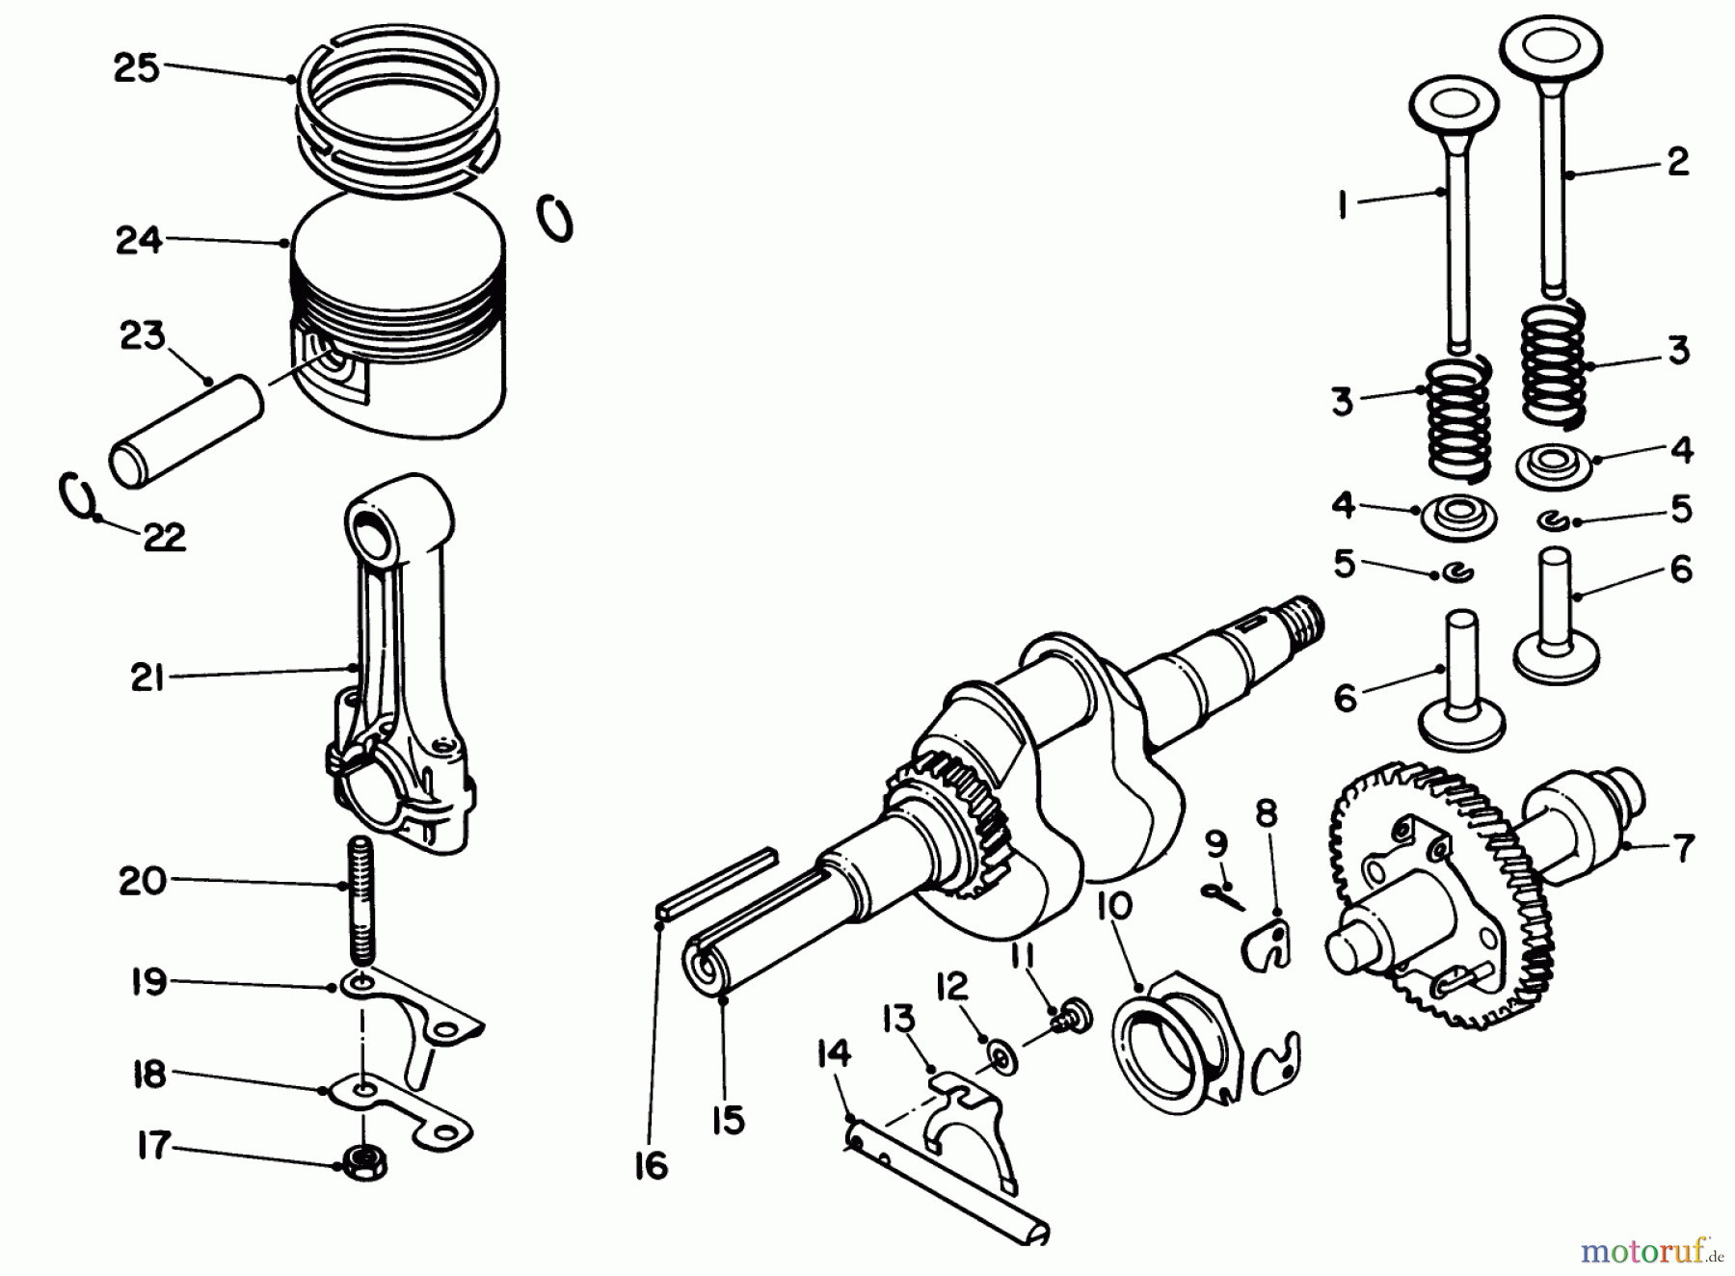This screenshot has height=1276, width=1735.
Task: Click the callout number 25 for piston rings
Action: click(x=136, y=67)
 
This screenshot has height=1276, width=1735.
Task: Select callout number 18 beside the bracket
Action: click(x=149, y=1075)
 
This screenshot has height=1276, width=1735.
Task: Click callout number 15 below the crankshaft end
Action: click(x=729, y=1120)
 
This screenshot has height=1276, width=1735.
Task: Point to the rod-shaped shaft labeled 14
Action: click(x=949, y=1190)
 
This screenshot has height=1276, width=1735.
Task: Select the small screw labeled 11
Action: click(x=1069, y=1015)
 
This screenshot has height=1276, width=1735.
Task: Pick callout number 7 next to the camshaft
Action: click(x=1683, y=848)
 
